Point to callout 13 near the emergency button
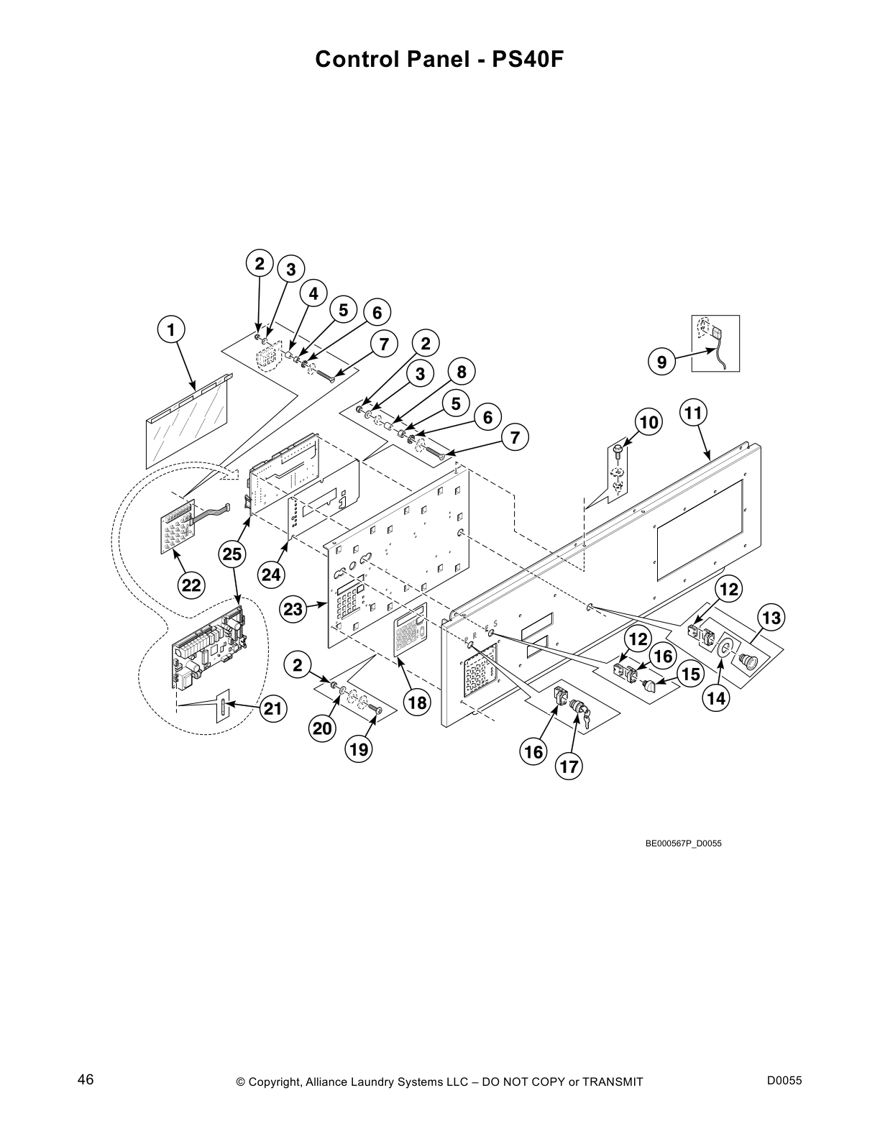pos(771,618)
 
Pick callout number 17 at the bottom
pos(569,767)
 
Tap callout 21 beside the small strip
pos(271,709)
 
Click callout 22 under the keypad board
pos(191,585)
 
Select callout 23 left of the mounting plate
pos(293,609)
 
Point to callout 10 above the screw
pos(648,422)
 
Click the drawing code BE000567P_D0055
pos(683,843)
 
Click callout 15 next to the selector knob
pos(691,674)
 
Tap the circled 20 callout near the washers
pos(321,728)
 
